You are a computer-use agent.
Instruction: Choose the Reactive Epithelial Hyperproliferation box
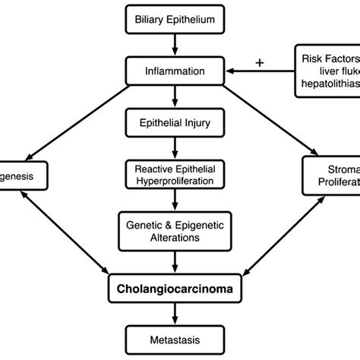[175, 173]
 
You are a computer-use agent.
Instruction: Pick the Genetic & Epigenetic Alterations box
[175, 231]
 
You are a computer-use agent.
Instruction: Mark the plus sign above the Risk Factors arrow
[260, 62]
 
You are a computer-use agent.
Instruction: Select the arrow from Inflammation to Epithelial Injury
[175, 98]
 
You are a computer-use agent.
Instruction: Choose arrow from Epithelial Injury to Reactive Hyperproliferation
[175, 147]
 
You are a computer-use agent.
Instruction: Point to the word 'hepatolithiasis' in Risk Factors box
[329, 87]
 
